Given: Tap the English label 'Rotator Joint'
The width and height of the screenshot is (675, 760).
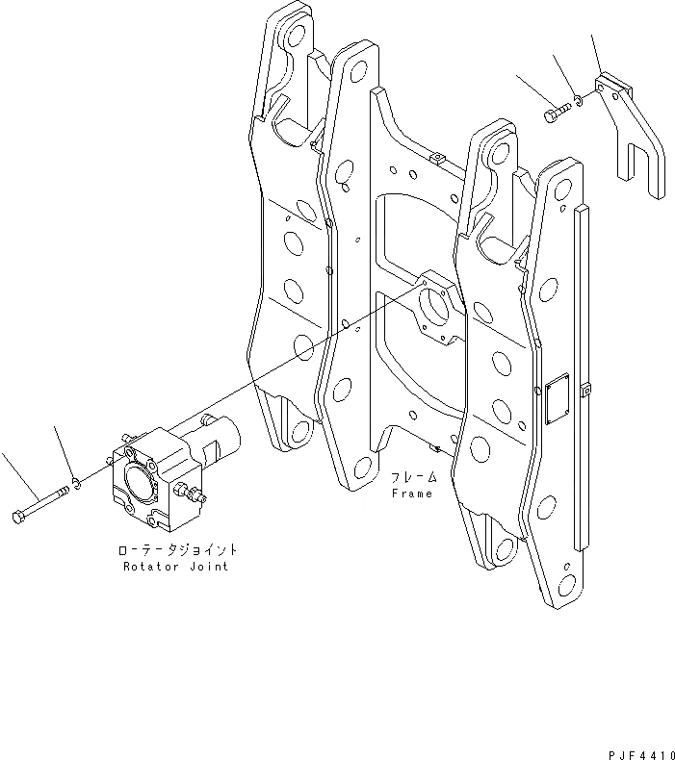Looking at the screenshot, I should coord(176,567).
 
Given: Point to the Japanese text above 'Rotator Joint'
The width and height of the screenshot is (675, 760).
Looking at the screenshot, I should coord(176,551).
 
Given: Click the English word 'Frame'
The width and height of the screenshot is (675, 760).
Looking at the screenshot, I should coord(412,494).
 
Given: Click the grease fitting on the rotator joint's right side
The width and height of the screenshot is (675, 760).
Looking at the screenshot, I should coord(194,495).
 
